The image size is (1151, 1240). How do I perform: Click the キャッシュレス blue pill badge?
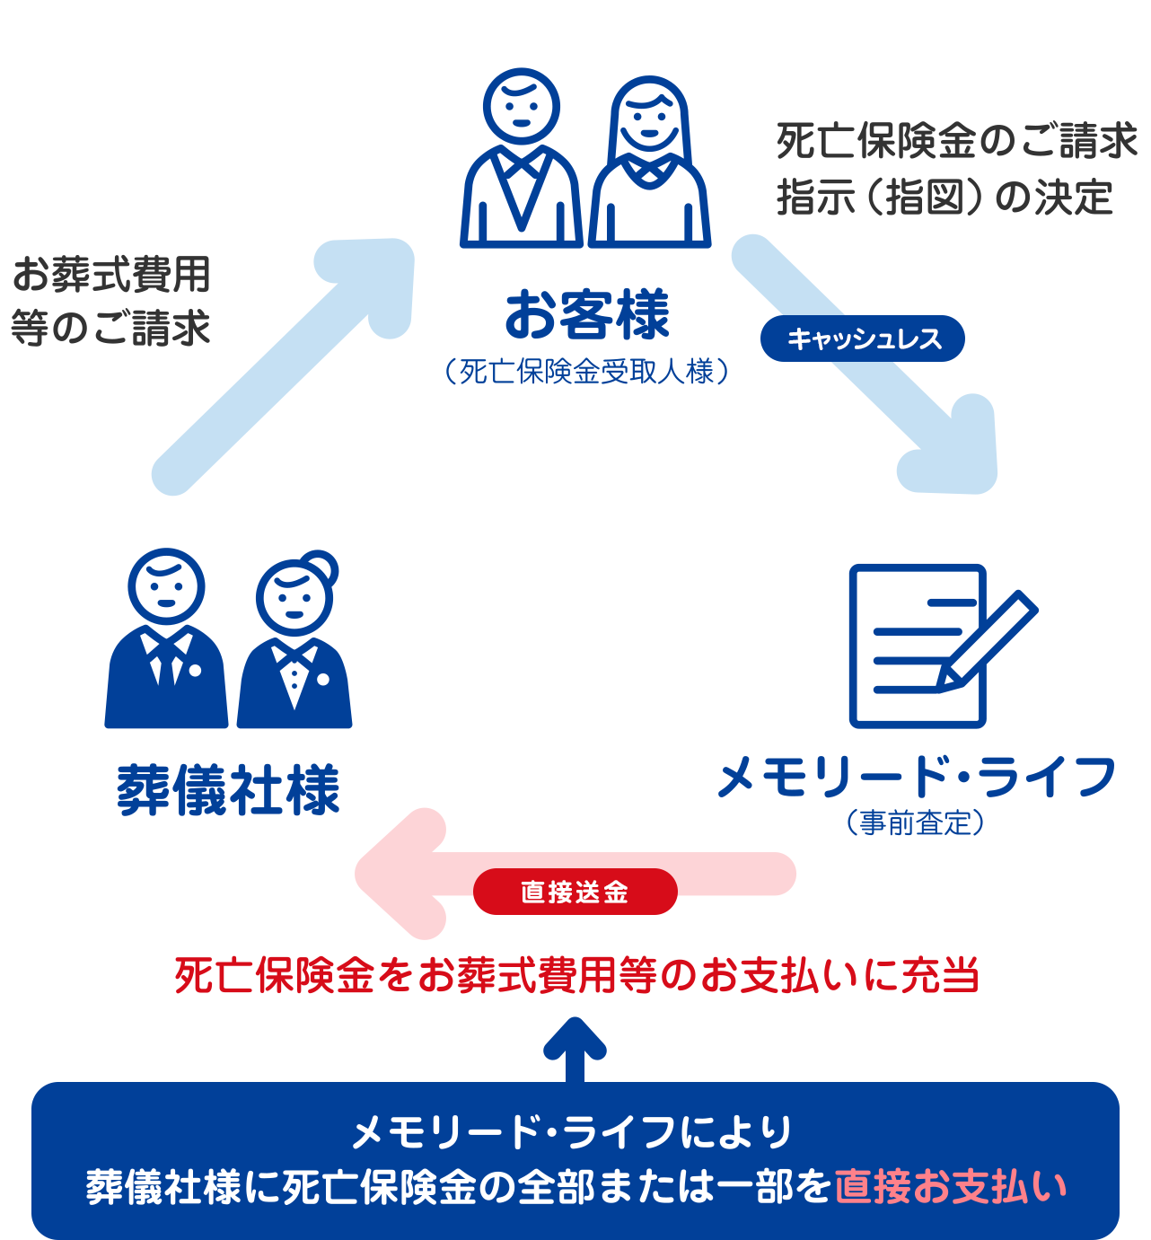coord(862,339)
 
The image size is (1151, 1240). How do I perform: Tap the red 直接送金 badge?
coord(575,892)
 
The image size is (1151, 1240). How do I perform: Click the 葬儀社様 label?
coord(229,789)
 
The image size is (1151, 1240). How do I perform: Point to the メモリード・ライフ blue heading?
coord(915,776)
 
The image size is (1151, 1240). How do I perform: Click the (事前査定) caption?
coord(915,822)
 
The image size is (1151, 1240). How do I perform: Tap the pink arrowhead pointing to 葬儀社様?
coord(395,874)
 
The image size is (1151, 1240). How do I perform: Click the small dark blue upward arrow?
coord(575,1046)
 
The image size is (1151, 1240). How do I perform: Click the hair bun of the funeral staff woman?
coord(320,567)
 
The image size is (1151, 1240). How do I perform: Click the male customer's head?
coord(522,106)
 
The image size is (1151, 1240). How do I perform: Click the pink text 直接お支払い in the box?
coord(951,1185)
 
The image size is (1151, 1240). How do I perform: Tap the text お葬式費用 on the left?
coord(111,274)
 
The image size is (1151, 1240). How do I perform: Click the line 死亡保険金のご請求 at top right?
coord(957,141)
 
